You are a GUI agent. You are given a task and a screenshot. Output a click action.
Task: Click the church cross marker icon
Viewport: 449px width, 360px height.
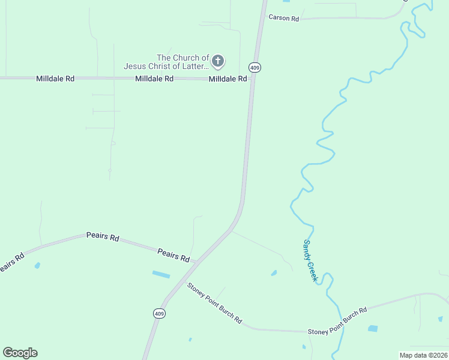(x=218, y=61)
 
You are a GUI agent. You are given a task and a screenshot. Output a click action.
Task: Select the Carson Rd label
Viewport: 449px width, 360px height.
(x=283, y=18)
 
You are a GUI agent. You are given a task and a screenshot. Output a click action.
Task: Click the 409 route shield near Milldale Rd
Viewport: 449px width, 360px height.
(x=255, y=67)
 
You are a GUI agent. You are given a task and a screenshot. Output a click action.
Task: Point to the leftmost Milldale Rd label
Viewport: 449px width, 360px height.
(x=55, y=79)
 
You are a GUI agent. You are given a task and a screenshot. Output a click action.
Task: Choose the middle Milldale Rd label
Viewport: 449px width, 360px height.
(x=154, y=79)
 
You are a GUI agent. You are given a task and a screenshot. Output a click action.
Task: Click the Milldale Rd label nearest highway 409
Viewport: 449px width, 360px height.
(x=228, y=79)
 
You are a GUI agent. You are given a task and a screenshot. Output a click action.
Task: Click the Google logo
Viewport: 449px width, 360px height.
(x=20, y=353)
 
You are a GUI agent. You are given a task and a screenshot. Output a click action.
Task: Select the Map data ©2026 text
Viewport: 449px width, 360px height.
(x=423, y=355)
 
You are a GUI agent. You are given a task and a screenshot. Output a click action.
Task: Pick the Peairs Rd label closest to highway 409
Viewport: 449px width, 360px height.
(x=173, y=254)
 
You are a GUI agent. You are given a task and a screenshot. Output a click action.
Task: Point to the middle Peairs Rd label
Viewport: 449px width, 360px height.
(x=102, y=236)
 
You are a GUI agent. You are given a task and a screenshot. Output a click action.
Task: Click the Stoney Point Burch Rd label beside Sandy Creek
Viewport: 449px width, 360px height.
(x=337, y=322)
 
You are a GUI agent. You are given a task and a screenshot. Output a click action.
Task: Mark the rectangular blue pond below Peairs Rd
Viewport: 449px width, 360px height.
(x=161, y=274)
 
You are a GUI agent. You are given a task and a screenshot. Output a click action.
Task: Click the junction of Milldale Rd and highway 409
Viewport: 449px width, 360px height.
(x=251, y=80)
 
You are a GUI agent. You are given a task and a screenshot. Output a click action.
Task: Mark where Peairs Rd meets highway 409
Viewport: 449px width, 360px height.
(x=197, y=262)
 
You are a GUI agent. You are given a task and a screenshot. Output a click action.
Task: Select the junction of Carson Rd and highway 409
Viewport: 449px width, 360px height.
(x=262, y=19)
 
